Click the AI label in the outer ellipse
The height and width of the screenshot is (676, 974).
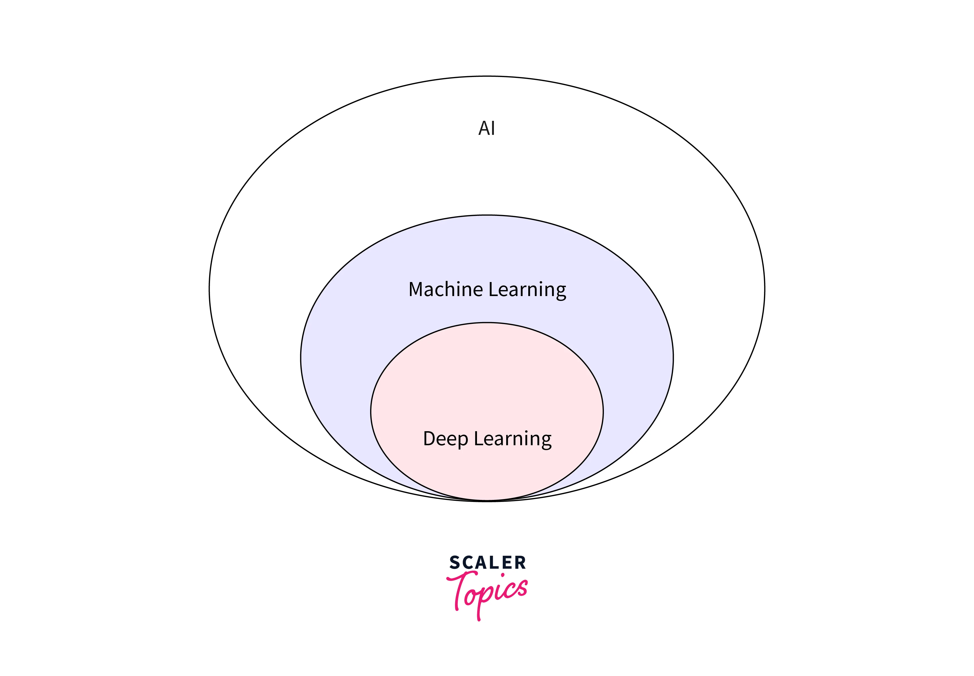click(486, 128)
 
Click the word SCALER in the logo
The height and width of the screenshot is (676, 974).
click(487, 563)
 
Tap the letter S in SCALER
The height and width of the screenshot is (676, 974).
click(455, 563)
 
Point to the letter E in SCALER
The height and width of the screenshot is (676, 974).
click(507, 563)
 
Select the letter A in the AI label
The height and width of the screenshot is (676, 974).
click(484, 128)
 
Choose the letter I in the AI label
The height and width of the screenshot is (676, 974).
click(493, 128)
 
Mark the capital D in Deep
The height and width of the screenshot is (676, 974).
click(430, 439)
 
